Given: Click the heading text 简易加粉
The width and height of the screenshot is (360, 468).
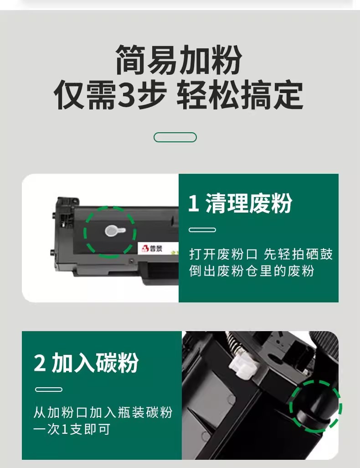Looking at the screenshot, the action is tap(179, 60).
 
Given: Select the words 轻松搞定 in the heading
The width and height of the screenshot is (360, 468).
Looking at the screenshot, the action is tap(240, 95).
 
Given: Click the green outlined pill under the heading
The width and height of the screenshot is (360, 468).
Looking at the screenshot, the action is tap(175, 137).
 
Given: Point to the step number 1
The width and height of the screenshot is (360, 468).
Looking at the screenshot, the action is tap(194, 203).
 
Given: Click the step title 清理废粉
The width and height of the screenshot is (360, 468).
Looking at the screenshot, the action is tap(249, 203).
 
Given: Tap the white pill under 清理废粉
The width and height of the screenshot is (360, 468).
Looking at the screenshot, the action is tap(202, 230).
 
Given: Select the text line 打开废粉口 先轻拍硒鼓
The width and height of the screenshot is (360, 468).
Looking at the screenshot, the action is tap(261, 254).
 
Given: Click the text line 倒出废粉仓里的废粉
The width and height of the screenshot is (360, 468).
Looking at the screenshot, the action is tap(252, 271).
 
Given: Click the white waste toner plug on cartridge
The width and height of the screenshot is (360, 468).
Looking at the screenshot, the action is tap(114, 231).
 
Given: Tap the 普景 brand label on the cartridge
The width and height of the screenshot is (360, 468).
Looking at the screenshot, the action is tap(152, 249).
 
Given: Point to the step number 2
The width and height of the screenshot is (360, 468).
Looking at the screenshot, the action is tap(40, 363).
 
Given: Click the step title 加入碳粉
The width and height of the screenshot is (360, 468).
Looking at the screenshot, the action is tap(95, 363).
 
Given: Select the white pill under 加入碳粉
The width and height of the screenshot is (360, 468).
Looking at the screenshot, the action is tap(49, 390).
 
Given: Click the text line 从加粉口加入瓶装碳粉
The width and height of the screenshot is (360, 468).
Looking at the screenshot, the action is tap(103, 412).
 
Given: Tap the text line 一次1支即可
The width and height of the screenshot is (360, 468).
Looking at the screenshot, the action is tap(72, 429).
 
